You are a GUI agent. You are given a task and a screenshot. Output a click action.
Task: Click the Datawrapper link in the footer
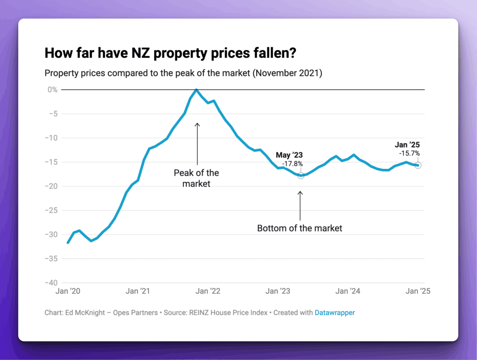(x=335, y=313)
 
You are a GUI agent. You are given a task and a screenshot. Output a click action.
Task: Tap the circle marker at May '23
(x=301, y=176)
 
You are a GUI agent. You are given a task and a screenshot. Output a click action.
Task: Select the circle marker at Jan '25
(x=418, y=165)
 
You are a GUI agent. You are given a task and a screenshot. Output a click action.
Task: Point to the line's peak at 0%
(x=196, y=90)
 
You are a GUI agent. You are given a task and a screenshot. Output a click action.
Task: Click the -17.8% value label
(x=292, y=164)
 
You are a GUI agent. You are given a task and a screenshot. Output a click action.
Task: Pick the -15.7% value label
(x=410, y=153)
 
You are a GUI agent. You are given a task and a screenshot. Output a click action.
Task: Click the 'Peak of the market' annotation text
(x=196, y=178)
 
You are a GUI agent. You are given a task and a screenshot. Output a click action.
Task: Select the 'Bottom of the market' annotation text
(x=299, y=228)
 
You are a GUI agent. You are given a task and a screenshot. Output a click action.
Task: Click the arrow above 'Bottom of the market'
(x=300, y=206)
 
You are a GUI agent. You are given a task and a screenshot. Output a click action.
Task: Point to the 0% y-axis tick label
(x=52, y=90)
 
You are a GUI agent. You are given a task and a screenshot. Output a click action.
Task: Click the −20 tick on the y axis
(x=51, y=186)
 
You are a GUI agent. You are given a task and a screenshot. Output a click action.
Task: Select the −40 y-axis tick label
(x=51, y=283)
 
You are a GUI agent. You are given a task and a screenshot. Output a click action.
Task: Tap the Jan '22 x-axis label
(x=208, y=291)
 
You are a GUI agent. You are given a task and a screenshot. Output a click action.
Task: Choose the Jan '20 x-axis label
(x=68, y=291)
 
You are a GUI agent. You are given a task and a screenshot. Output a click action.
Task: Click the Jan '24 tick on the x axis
(x=348, y=291)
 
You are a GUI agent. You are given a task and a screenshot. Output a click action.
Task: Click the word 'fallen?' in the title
(x=275, y=53)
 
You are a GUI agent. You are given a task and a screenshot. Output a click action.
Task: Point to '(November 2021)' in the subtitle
(x=287, y=73)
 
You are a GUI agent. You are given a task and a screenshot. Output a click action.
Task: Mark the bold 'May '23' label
(x=289, y=155)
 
